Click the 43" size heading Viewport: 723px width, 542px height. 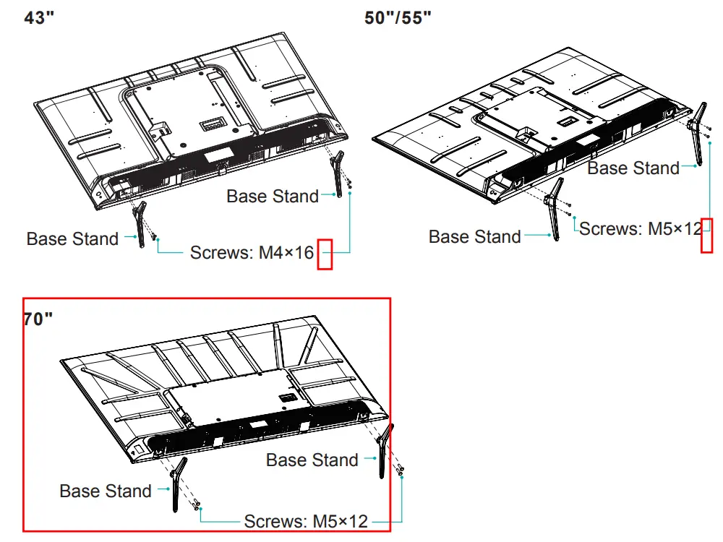(40, 18)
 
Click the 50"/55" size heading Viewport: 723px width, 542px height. (398, 18)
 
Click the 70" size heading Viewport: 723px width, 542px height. (38, 319)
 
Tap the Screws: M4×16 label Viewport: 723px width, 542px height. (252, 253)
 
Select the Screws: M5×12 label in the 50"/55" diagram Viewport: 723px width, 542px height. (641, 229)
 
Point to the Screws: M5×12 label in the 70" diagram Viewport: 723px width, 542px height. (306, 521)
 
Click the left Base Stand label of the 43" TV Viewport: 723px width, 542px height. (72, 239)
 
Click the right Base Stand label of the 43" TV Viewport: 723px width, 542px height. (273, 196)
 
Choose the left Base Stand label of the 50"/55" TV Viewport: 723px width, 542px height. (474, 237)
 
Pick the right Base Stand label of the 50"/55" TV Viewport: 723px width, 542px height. (633, 168)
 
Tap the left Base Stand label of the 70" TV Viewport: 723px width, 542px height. (106, 491)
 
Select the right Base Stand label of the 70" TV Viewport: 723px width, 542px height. (312, 460)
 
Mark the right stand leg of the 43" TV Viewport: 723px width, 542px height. (338, 173)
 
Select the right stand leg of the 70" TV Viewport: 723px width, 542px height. (384, 452)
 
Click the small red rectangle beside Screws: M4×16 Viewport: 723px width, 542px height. (325, 254)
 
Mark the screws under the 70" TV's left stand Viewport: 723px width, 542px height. (197, 504)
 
